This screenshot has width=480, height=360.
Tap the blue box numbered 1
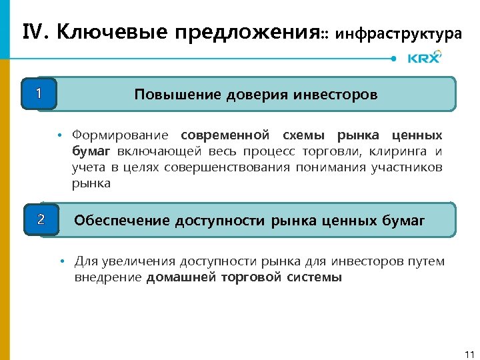(x=39, y=94)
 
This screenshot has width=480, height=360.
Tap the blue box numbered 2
(x=41, y=219)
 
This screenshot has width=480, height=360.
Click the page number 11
(x=468, y=353)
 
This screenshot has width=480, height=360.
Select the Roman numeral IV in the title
(x=35, y=31)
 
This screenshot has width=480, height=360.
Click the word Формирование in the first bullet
(x=121, y=136)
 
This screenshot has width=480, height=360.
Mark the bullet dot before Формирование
(x=59, y=136)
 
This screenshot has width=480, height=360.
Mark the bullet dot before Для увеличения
(x=61, y=261)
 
